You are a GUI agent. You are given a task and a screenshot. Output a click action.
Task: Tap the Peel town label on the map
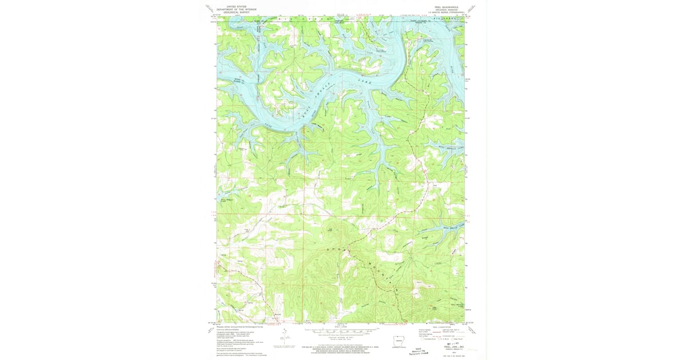tap(435, 185)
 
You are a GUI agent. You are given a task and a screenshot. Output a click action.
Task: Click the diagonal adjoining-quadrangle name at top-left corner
tap(211, 8)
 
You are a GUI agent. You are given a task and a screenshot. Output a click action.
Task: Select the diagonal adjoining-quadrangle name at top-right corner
tap(473, 8)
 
